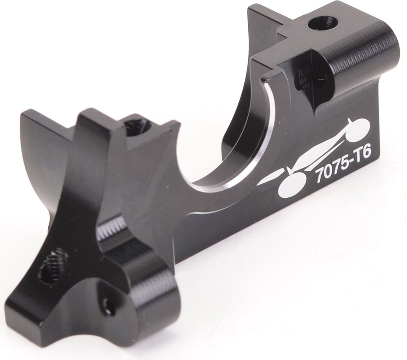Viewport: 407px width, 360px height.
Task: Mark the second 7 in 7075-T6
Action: click(336, 167)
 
